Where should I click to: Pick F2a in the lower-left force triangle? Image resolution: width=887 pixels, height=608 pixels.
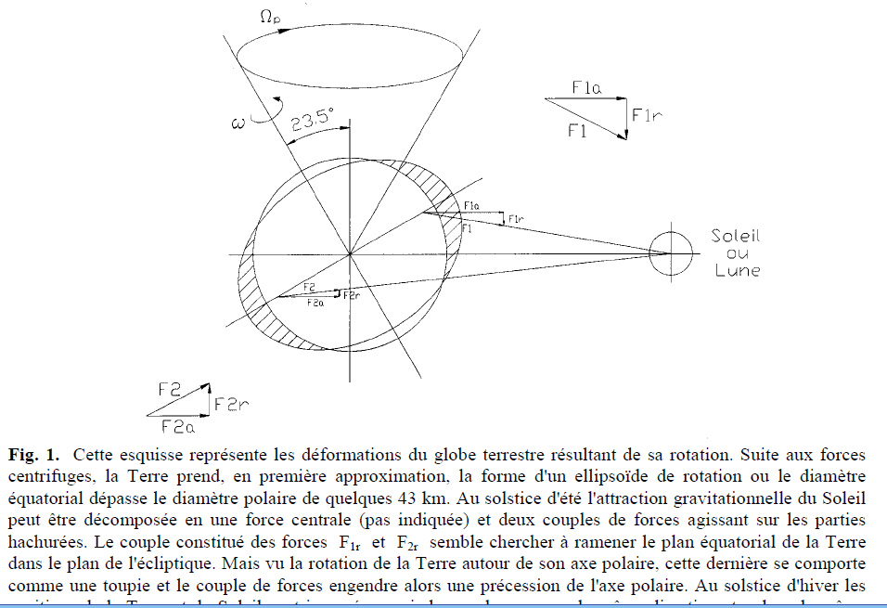pyautogui.click(x=177, y=428)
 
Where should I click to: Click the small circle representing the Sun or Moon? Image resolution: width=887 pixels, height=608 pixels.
pyautogui.click(x=670, y=252)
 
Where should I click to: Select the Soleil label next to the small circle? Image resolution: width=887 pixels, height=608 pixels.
pyautogui.click(x=737, y=236)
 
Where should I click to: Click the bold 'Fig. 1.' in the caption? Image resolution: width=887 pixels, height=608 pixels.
pyautogui.click(x=34, y=456)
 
